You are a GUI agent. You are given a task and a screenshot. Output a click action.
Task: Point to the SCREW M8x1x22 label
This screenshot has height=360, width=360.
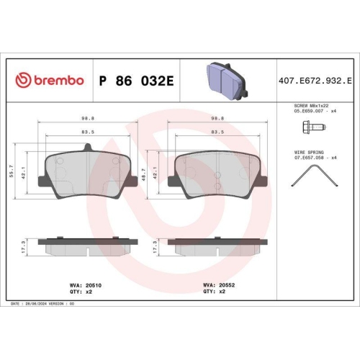coord(309,106)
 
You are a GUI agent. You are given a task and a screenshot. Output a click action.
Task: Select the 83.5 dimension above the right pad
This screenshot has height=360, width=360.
coord(214,132)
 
